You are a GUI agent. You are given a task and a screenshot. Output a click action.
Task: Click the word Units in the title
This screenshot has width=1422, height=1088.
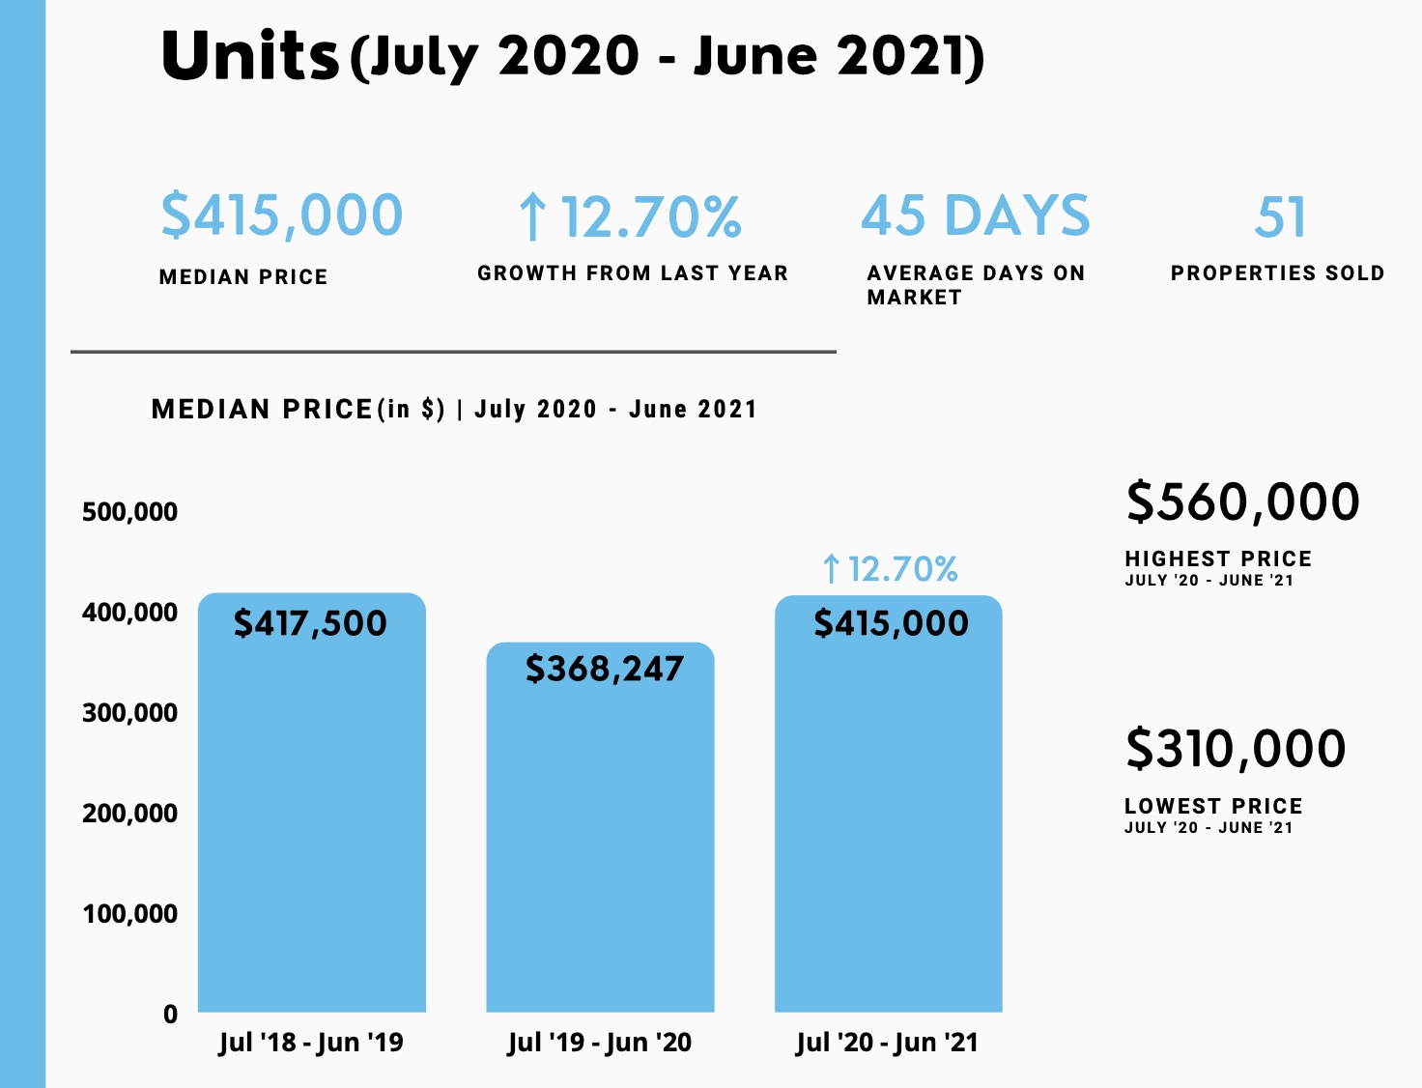249,55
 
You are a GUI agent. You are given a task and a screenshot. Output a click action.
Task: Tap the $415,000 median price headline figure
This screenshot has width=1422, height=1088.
281,215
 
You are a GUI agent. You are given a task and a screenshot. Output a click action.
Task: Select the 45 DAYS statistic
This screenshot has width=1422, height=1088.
976,215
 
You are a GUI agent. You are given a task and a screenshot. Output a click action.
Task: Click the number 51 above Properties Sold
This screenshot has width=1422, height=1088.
1280,217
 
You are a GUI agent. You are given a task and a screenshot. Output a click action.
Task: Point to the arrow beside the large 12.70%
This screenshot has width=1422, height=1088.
532,216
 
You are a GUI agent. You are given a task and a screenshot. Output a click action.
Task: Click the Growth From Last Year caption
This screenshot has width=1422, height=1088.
633,273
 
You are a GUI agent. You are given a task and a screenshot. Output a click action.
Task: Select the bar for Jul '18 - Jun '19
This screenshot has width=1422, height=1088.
311,821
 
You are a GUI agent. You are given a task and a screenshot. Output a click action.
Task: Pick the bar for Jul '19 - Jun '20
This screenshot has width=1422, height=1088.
600,841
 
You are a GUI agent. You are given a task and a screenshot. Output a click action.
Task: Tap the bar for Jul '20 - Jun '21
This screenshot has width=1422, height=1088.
888,821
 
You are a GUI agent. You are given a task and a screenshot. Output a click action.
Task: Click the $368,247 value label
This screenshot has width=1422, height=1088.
604,669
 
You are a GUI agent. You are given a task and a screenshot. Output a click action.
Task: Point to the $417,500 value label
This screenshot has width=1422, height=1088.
310,623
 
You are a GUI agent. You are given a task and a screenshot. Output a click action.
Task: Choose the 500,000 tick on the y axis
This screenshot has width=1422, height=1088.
129,512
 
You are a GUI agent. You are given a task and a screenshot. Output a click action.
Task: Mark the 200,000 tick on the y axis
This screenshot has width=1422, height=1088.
129,814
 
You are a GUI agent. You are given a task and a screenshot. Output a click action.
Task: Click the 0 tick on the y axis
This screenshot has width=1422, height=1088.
170,1015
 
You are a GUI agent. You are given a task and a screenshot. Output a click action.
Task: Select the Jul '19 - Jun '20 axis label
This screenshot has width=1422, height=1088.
600,1043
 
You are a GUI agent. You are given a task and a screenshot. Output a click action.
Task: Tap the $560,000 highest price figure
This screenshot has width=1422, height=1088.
1242,502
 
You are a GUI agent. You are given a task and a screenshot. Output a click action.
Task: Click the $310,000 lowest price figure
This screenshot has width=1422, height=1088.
1236,749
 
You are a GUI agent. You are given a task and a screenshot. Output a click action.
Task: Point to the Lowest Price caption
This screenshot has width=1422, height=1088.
1213,806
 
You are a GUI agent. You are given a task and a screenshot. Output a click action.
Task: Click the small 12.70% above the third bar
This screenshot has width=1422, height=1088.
902,569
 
